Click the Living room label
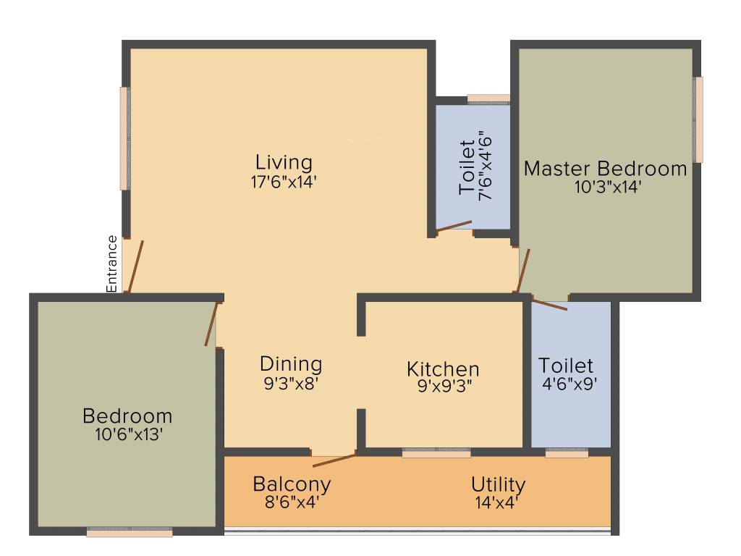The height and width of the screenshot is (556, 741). [x=284, y=161]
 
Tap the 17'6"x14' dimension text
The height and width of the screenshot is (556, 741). [x=284, y=181]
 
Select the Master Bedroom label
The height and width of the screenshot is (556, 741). [x=605, y=169]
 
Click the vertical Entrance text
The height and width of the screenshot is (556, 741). [x=112, y=264]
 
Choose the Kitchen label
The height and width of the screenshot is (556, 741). [x=443, y=369]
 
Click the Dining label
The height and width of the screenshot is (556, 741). [x=291, y=363]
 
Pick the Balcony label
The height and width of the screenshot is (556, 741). [x=292, y=484]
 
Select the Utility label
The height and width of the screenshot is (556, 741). [x=498, y=484]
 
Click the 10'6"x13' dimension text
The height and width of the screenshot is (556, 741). [x=127, y=434]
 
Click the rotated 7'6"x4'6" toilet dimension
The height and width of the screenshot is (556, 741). [x=485, y=166]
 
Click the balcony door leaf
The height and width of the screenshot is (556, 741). [x=334, y=455]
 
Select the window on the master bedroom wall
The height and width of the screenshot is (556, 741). [x=698, y=119]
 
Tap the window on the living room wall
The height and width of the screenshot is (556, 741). [x=125, y=138]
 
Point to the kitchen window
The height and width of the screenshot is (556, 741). [x=436, y=453]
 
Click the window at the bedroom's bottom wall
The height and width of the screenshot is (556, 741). [x=130, y=533]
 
